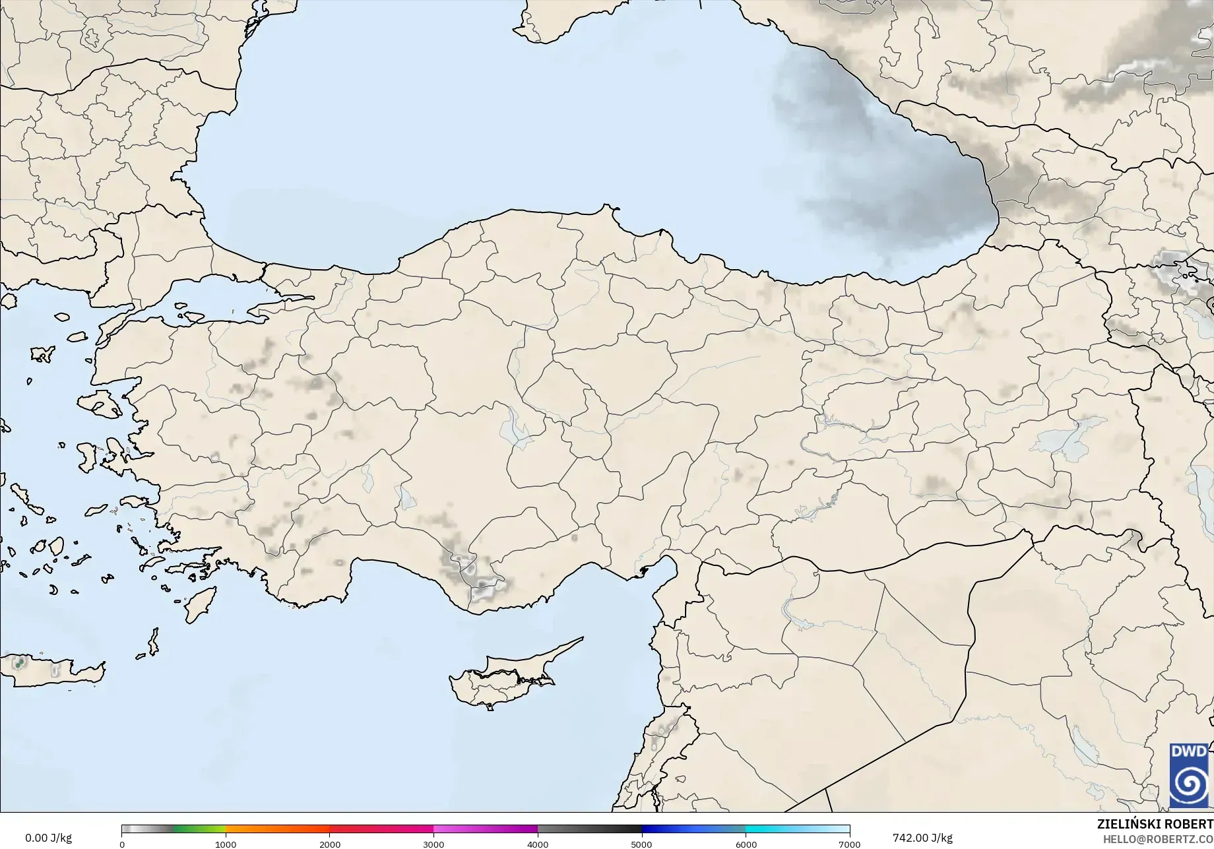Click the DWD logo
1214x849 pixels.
tap(1190, 775)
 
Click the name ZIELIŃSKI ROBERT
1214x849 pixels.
tap(1155, 824)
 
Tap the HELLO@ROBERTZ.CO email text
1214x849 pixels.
tap(1158, 838)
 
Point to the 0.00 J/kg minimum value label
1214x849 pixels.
tap(48, 838)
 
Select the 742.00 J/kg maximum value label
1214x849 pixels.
tap(922, 838)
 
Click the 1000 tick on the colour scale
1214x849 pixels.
tap(226, 844)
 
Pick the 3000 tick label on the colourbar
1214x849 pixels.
tap(433, 844)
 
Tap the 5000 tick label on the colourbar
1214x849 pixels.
tap(641, 844)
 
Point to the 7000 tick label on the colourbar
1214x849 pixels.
tap(849, 844)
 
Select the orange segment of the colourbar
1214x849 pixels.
tap(277, 829)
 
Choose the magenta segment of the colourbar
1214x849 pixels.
tap(485, 829)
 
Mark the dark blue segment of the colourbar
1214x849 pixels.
tap(693, 829)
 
